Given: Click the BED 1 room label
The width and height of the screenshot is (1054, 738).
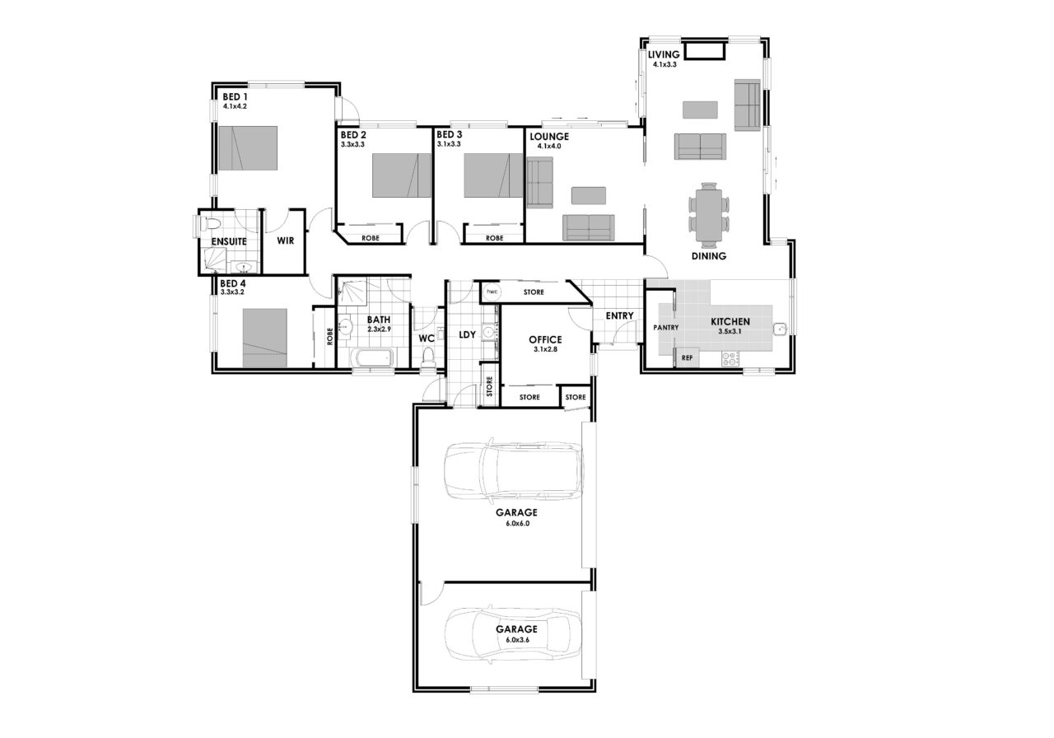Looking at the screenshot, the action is (235, 96).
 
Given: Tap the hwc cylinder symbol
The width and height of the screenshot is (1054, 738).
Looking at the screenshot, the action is (492, 292).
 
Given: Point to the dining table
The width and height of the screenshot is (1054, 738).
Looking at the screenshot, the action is (709, 215).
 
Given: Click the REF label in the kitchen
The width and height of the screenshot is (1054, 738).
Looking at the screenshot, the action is (687, 357).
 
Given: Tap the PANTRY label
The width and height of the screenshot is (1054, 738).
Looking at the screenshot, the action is (666, 328).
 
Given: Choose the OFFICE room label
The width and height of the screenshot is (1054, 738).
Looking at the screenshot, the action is (545, 339).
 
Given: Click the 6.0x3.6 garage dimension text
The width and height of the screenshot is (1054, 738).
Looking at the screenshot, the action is (518, 640).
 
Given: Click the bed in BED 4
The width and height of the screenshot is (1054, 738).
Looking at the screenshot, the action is (265, 338).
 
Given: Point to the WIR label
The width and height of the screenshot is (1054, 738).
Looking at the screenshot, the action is (285, 241).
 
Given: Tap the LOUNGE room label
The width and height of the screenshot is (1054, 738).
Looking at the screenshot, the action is (549, 137).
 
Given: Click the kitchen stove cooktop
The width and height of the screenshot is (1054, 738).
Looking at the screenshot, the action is (730, 358).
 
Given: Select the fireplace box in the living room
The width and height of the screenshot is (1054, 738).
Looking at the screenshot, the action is (705, 51).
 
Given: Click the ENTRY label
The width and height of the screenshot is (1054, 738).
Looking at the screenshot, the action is (619, 315).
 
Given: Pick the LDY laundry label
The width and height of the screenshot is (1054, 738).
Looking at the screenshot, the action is (467, 334).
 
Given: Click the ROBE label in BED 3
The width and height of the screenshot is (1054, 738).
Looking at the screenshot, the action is (495, 238).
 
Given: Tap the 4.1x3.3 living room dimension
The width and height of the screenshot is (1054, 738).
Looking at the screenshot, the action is (665, 64).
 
